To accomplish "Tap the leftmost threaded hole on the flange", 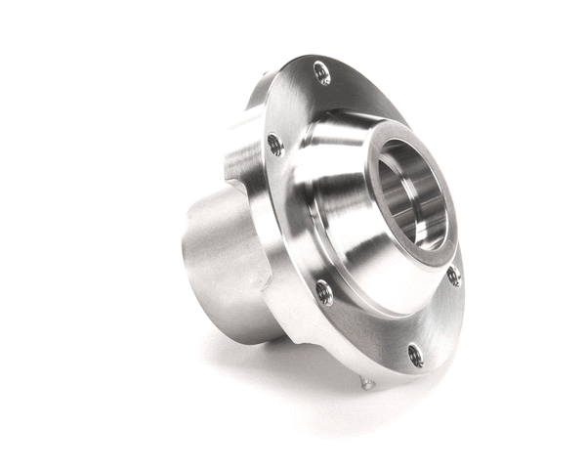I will click(275, 145).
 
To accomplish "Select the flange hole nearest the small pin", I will click(414, 355).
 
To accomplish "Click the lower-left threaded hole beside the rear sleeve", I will click(324, 291).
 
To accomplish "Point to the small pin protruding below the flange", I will click(366, 382).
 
